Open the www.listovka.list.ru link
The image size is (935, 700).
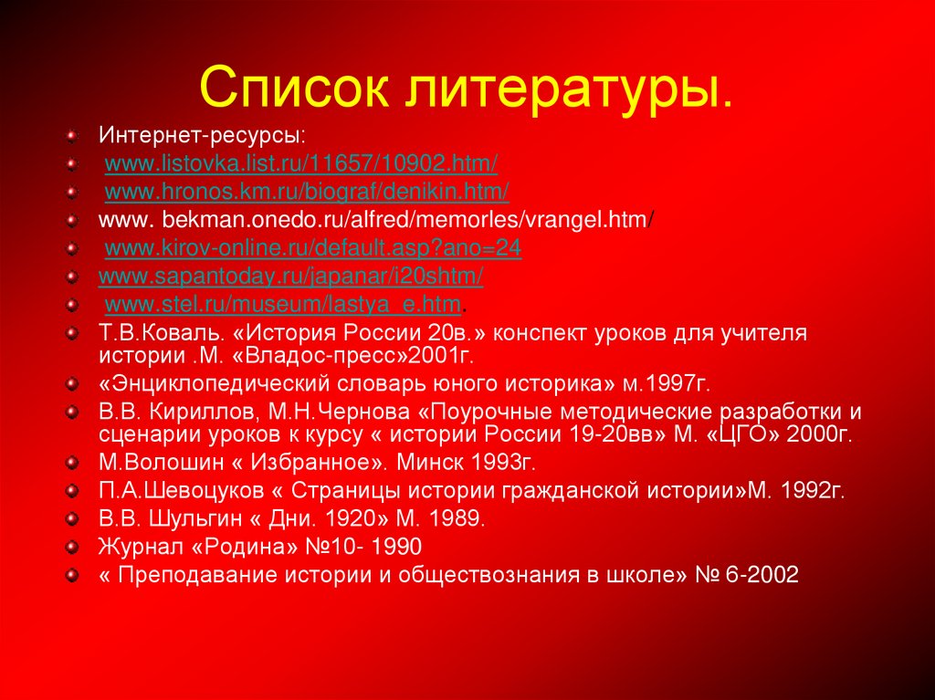pyautogui.click(x=301, y=164)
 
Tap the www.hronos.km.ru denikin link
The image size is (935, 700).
pyautogui.click(x=307, y=193)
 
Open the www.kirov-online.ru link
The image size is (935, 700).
pyautogui.click(x=313, y=248)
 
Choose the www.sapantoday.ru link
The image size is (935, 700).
pyautogui.click(x=290, y=276)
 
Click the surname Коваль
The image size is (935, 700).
pyautogui.click(x=174, y=332)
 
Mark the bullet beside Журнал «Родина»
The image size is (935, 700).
pyautogui.click(x=71, y=548)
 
